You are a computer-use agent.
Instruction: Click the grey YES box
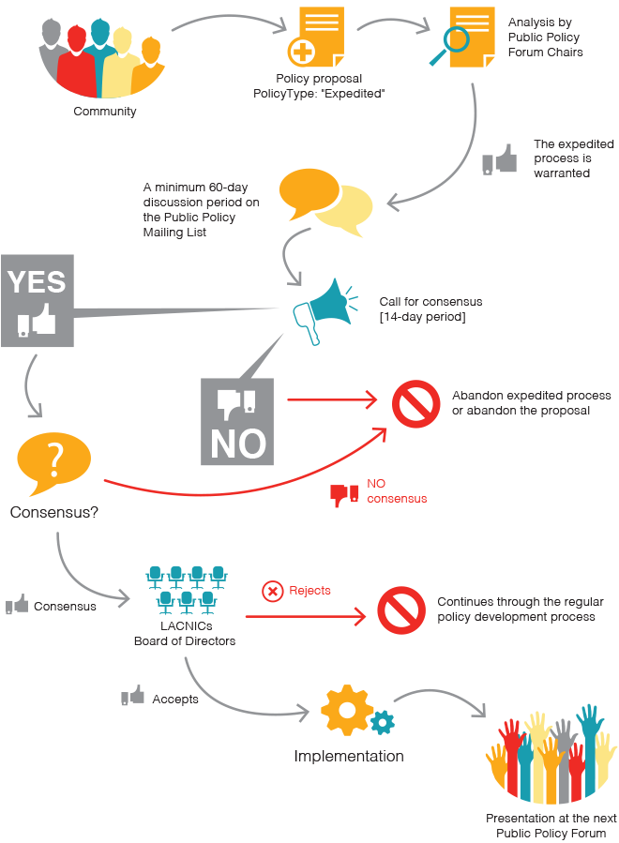38,300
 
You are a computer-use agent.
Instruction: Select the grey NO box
237,422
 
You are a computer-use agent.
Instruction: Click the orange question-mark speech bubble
53,463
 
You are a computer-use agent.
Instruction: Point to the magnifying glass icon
449,45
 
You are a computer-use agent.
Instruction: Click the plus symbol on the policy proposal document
302,53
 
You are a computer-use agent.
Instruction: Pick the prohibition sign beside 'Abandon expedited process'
415,404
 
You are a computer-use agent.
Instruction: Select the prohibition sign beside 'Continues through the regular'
401,610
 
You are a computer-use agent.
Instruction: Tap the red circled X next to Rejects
273,592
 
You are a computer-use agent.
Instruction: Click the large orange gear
347,710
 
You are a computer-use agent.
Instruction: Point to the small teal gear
383,722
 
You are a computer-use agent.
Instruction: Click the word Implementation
349,756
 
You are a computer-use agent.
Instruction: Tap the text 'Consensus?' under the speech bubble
53,512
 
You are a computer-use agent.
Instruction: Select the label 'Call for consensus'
430,302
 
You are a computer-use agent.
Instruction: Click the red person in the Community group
76,62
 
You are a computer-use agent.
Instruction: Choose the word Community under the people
105,112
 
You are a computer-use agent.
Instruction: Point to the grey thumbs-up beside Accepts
132,695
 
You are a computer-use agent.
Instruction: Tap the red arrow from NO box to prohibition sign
332,399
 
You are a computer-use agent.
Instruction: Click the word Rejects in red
309,591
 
